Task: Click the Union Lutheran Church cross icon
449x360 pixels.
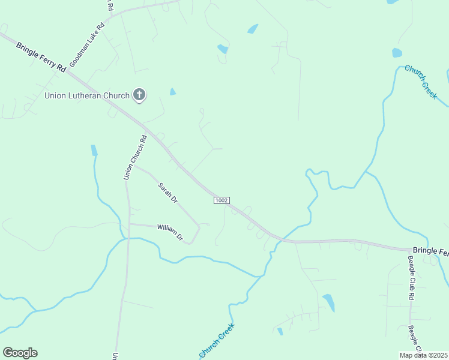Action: point(139,94)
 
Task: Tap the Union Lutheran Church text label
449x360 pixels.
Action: point(87,95)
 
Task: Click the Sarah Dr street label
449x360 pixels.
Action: point(167,193)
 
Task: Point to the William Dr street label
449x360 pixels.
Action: point(170,232)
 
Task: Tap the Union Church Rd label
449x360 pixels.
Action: point(135,158)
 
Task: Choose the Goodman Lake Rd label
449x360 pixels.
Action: point(87,45)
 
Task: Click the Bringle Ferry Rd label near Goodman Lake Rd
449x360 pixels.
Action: point(41,58)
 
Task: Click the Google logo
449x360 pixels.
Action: point(20,353)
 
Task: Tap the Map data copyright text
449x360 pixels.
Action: point(424,355)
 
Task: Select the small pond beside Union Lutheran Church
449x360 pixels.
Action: point(173,92)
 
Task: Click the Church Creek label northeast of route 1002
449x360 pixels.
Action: point(421,82)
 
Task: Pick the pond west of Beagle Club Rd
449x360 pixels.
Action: point(328,302)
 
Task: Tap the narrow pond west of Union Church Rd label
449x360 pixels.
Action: point(94,150)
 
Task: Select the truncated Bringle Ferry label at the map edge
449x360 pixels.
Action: point(430,251)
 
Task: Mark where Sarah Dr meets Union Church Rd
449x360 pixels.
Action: point(133,166)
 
